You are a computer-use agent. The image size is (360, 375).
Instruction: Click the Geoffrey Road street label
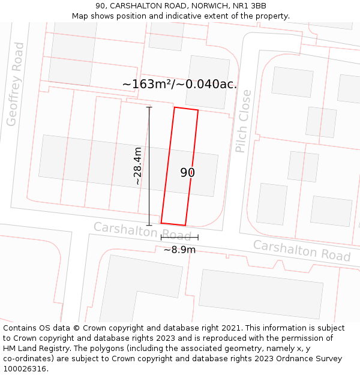tap(15, 84)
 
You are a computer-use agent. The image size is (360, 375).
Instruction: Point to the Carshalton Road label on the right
tap(301, 250)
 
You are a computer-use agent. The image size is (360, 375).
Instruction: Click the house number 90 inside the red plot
tap(188, 173)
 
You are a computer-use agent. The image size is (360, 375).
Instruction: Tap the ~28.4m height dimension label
tap(138, 166)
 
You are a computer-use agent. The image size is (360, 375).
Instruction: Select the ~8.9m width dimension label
tap(179, 250)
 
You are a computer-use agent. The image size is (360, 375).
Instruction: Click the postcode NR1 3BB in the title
tap(252, 6)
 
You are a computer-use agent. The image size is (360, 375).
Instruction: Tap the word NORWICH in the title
tap(209, 6)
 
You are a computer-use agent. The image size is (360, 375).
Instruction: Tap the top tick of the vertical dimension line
tap(149, 107)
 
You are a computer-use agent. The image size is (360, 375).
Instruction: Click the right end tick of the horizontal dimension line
tap(197, 238)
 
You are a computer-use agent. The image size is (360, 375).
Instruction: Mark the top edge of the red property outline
tap(186, 109)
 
